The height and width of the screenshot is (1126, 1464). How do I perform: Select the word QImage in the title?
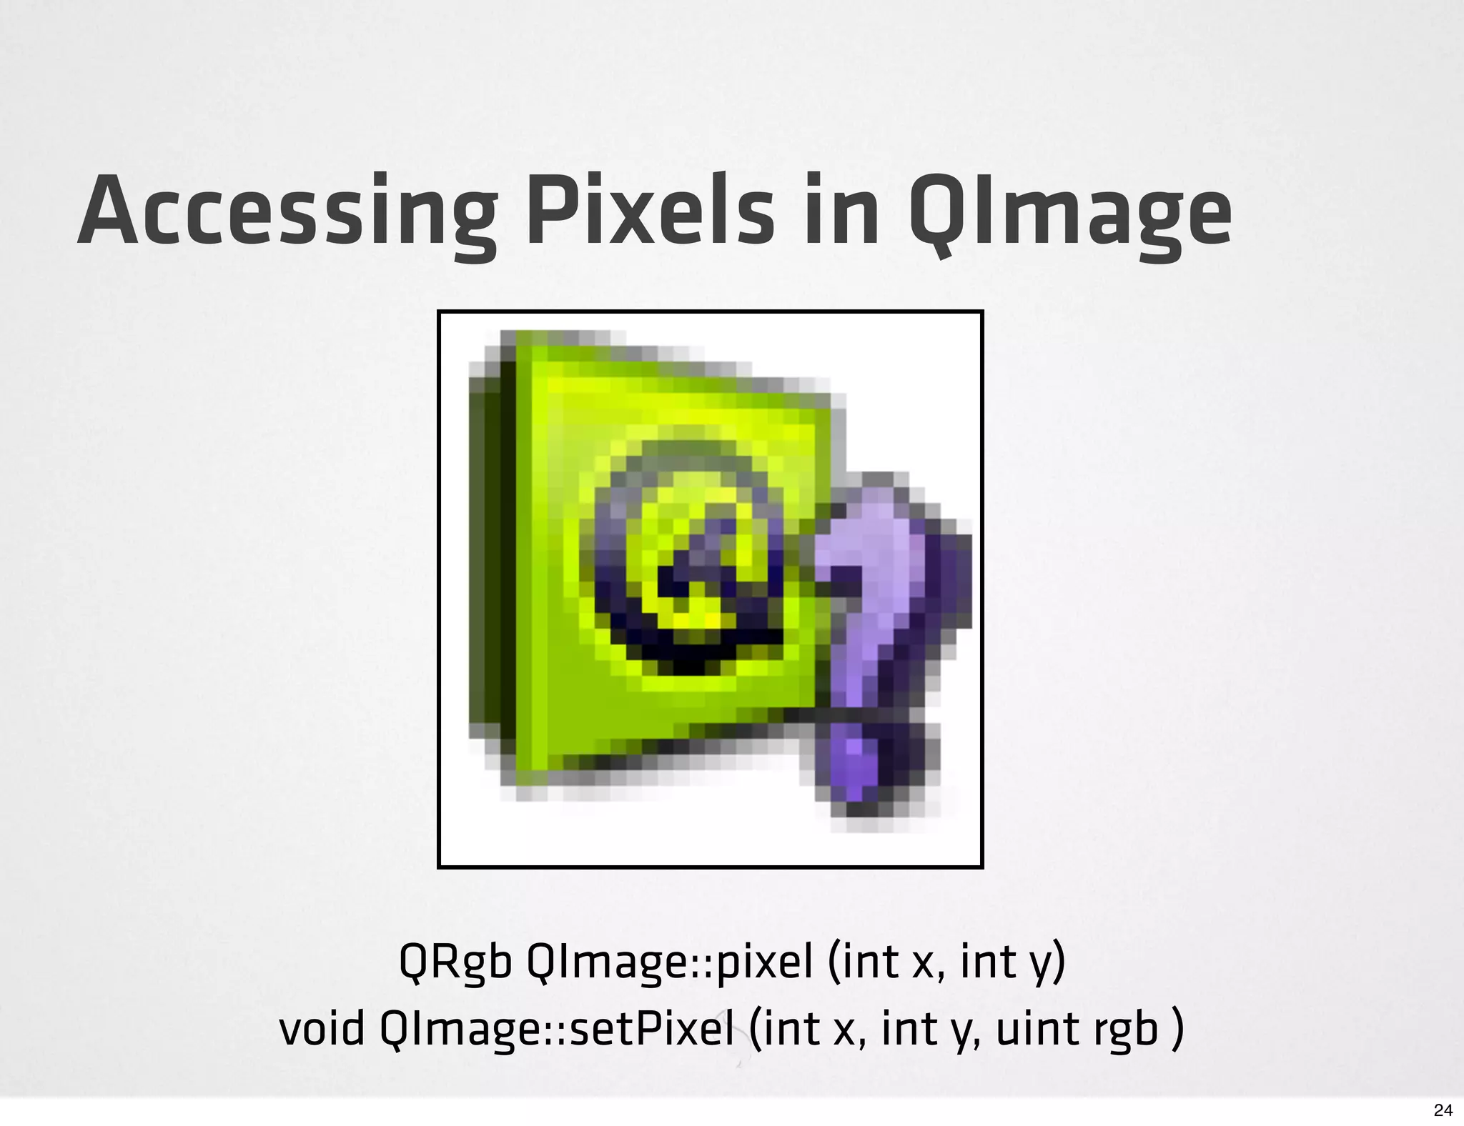click(x=1070, y=213)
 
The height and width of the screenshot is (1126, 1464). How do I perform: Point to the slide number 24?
click(x=1443, y=1110)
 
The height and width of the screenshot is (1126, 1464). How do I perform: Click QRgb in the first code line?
click(x=455, y=962)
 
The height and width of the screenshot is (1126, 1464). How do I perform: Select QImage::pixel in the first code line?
click(x=669, y=964)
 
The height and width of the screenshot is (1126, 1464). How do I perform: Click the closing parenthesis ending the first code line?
click(x=1059, y=964)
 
